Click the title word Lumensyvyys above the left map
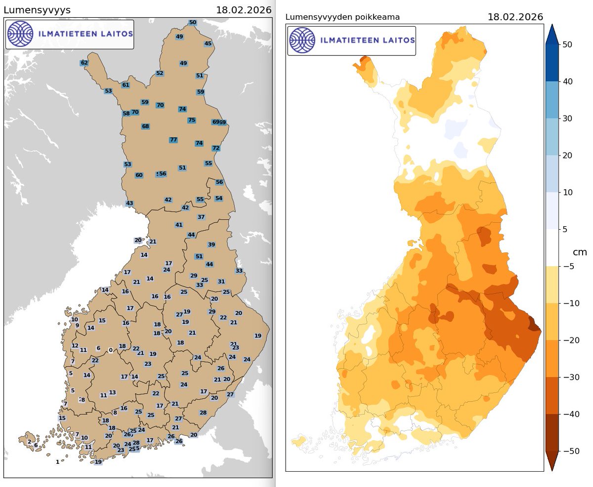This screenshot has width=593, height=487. click(x=37, y=10)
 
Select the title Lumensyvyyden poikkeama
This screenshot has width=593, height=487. click(x=342, y=17)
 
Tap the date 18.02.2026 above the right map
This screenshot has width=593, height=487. click(x=515, y=17)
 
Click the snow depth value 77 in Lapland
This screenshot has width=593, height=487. click(x=173, y=140)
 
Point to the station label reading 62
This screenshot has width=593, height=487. click(x=84, y=63)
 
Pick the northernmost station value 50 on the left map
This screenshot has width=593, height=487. click(x=193, y=22)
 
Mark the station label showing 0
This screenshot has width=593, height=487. click(x=111, y=350)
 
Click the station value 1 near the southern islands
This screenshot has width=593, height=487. click(x=57, y=462)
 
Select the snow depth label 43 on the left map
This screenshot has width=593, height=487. click(x=129, y=203)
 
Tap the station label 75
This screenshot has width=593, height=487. click(x=192, y=120)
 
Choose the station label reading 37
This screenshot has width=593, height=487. click(x=201, y=217)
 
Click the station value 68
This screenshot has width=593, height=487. click(x=145, y=126)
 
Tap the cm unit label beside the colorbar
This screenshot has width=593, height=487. click(x=579, y=252)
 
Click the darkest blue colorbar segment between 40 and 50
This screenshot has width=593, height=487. click(x=552, y=63)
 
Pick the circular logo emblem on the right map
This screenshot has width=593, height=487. click(x=302, y=41)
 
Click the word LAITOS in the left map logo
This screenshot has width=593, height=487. click(x=116, y=34)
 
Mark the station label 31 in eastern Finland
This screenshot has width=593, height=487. click(x=221, y=282)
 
